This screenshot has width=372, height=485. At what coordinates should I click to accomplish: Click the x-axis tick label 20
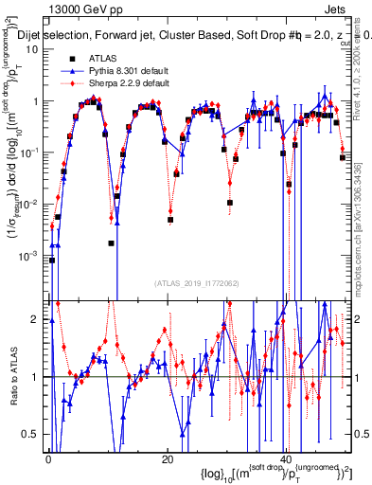tap(167, 458)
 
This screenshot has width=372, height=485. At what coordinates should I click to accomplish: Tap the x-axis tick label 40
tap(287, 458)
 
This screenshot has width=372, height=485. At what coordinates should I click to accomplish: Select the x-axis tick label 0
tap(47, 458)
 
